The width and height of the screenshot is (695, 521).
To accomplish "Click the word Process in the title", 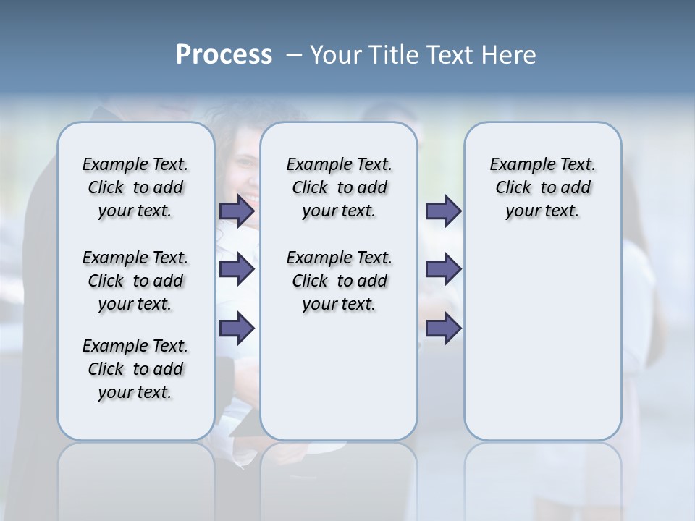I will [223, 55].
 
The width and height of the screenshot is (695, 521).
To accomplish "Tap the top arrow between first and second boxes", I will [237, 211].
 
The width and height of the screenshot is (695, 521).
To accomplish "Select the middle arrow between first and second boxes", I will [237, 270].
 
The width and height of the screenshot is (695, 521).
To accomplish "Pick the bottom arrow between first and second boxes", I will [237, 329].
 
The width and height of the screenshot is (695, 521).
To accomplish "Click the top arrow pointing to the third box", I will [443, 211].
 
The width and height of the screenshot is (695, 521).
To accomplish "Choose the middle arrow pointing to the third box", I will [443, 270].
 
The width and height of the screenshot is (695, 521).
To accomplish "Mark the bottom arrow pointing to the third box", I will [443, 329].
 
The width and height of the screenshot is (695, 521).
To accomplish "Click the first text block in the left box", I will [135, 187].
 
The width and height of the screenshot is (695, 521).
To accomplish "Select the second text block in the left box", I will [135, 281].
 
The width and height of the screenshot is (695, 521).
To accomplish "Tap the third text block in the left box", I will [135, 369].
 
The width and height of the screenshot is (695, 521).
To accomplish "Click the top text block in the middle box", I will [339, 187].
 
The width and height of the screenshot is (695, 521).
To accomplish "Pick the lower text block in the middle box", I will [339, 281].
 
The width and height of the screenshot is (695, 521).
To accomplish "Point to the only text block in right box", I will [542, 187].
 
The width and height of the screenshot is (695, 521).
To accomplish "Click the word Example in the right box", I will [515, 165].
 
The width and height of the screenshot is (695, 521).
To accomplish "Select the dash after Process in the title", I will [293, 55].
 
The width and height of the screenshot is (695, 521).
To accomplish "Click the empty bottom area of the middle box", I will [339, 384].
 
